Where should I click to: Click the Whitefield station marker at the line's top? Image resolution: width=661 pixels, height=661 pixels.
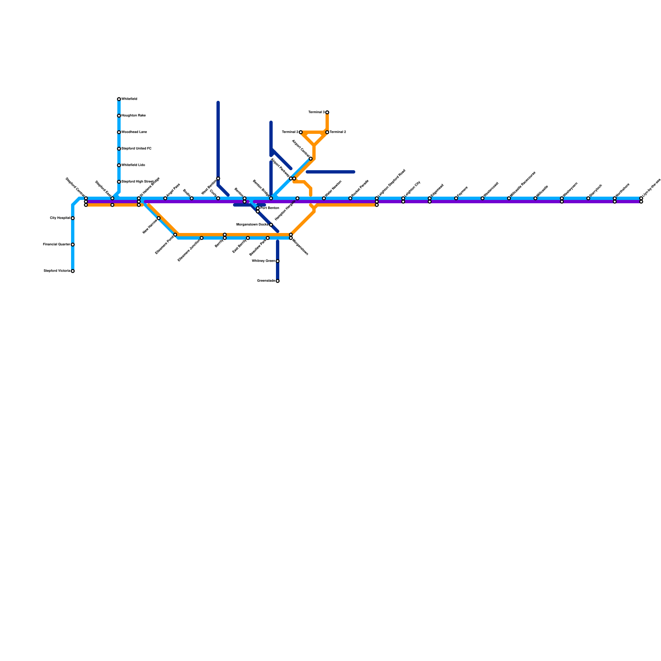tap(119, 99)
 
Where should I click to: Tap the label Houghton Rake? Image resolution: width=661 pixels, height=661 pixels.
tap(133, 116)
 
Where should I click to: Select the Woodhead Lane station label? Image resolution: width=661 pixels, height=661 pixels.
tap(134, 132)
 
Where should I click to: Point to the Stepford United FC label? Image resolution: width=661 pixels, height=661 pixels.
tap(136, 149)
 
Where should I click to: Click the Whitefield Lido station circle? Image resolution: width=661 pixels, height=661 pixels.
tap(119, 165)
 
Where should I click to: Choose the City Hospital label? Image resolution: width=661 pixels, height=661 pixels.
tap(60, 218)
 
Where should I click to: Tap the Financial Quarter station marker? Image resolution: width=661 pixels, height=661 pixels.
tap(73, 245)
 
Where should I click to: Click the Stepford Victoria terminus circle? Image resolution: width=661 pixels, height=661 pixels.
tap(73, 271)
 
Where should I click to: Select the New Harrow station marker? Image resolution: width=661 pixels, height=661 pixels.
tap(159, 218)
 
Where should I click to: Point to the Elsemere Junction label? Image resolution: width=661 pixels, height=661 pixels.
tap(189, 250)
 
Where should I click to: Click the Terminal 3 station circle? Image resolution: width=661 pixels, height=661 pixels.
tap(327, 112)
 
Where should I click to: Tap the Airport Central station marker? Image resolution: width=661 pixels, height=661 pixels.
tap(311, 159)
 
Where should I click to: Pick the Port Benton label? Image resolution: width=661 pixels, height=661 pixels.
tap(270, 208)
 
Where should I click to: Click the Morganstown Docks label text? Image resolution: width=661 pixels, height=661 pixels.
tap(252, 224)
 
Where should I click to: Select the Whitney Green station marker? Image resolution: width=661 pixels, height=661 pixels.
tap(278, 261)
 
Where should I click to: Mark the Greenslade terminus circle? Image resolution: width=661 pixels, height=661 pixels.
tap(278, 281)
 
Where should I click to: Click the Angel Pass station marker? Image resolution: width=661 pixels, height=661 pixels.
tap(165, 198)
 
